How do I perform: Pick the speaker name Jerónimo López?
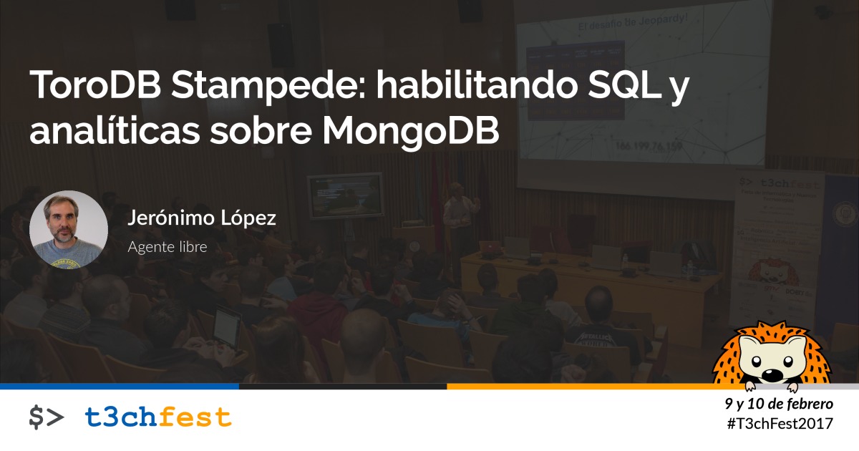(x=201, y=219)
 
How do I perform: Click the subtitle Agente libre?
(x=167, y=248)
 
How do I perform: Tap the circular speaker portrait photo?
(x=69, y=230)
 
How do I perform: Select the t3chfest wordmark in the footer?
(x=158, y=417)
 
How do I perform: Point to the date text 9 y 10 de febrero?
(x=779, y=404)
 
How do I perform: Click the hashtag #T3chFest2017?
(x=780, y=424)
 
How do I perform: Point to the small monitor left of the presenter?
(x=346, y=195)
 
